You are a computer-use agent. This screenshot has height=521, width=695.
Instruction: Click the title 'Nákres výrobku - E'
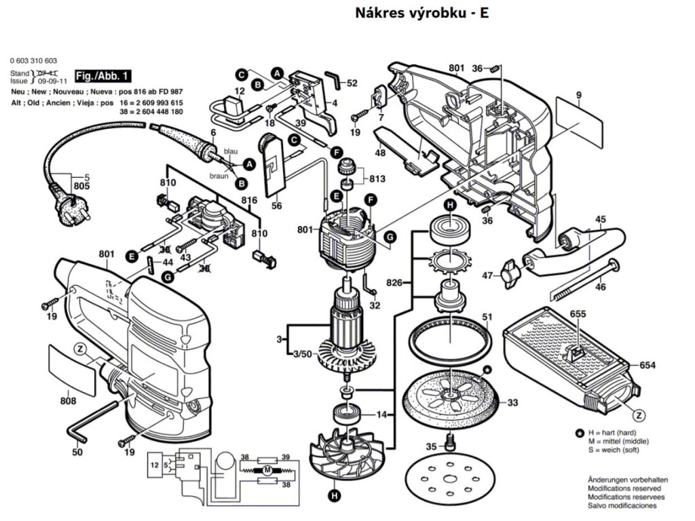click(x=421, y=13)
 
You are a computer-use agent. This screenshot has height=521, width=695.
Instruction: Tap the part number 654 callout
click(x=647, y=365)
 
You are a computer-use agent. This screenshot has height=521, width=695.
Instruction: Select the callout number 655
click(x=578, y=314)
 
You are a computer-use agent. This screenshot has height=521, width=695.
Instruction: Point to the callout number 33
click(x=512, y=402)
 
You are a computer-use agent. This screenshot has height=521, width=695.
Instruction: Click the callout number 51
click(x=487, y=317)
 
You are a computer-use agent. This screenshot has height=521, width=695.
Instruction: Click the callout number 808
click(x=68, y=401)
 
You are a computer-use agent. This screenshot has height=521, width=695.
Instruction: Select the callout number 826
click(x=395, y=282)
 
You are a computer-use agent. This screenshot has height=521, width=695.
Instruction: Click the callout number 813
click(x=378, y=179)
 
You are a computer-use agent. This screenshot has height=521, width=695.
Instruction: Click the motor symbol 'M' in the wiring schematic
click(x=267, y=470)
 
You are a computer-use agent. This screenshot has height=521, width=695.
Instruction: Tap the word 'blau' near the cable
click(x=231, y=151)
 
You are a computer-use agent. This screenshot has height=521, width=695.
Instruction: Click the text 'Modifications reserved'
click(x=622, y=488)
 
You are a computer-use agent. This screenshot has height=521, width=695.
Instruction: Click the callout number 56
click(x=276, y=206)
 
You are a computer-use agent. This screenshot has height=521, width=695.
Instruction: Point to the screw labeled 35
click(x=449, y=446)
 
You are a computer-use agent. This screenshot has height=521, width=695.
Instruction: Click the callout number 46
click(x=600, y=288)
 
